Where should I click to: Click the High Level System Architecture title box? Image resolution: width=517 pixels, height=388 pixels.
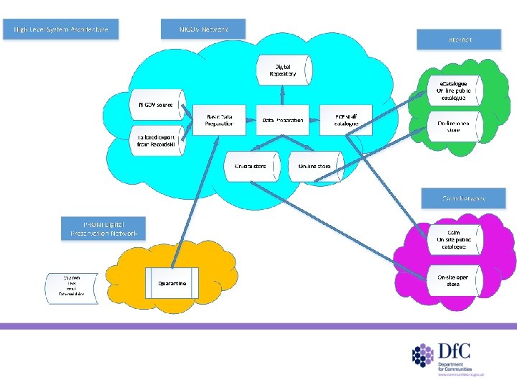[60, 29]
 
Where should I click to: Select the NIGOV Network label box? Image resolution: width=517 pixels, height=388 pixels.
[203, 29]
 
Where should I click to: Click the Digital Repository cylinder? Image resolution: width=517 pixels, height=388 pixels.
[284, 70]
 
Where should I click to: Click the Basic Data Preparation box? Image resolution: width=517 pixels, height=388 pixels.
[220, 120]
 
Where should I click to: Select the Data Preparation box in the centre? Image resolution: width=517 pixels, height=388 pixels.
[283, 120]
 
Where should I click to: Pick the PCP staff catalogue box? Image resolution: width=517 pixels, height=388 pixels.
[346, 120]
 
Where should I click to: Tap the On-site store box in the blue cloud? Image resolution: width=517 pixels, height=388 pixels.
[251, 166]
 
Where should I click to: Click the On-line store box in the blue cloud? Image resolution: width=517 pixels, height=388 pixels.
[315, 166]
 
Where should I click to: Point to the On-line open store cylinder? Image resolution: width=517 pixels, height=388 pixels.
[454, 126]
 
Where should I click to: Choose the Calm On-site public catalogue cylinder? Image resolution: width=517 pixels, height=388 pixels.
[453, 239]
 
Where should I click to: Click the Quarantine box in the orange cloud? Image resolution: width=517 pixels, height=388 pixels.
[172, 284]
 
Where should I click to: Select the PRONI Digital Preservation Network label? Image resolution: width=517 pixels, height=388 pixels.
[103, 228]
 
